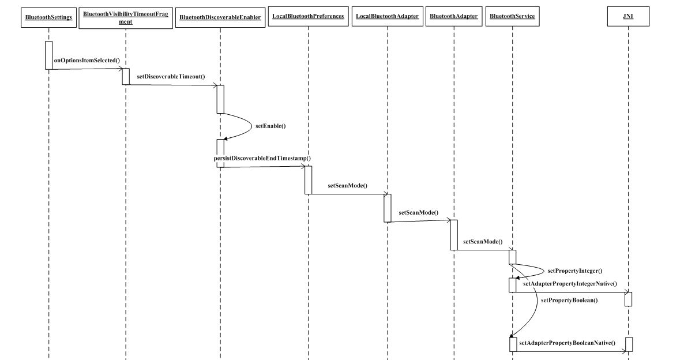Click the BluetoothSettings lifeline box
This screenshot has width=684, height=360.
coord(48,17)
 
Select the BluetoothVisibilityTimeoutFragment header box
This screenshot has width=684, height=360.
coord(125,17)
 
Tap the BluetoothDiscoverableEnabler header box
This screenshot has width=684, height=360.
coord(220,17)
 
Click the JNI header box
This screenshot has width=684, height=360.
coord(628,17)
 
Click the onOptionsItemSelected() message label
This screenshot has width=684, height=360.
coord(87,60)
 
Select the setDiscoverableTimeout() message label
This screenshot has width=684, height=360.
coord(171,76)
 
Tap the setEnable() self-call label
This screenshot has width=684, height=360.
coord(270,125)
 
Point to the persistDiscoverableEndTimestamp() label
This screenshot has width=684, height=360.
coord(262,157)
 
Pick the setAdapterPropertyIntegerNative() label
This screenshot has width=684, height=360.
coord(570,283)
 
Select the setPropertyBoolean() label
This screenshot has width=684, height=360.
coord(569,300)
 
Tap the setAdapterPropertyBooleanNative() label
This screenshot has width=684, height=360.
coord(567,343)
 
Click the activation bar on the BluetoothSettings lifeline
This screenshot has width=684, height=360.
coord(48,55)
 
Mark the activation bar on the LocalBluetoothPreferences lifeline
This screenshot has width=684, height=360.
coord(308,180)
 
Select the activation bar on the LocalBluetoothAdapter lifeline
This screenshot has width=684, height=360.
coord(388,208)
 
